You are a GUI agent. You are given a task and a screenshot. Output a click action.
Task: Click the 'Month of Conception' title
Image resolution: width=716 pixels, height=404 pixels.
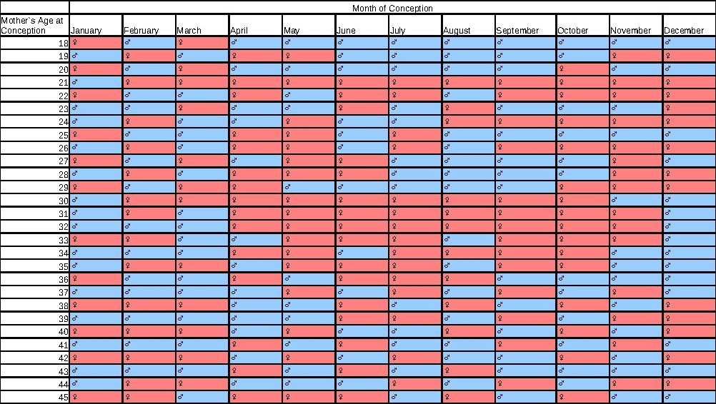pyautogui.click(x=392, y=8)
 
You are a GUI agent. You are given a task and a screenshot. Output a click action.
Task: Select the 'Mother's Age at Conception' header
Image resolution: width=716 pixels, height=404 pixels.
pyautogui.click(x=34, y=25)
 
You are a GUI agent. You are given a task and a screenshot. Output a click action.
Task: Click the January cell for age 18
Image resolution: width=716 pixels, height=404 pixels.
pyautogui.click(x=96, y=44)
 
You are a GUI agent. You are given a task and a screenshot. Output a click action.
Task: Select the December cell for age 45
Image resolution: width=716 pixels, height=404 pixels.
pyautogui.click(x=689, y=397)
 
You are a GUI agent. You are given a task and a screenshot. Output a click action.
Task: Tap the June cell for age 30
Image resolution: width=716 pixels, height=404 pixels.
pyautogui.click(x=362, y=201)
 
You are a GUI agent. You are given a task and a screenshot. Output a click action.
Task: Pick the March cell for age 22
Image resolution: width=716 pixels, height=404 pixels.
pyautogui.click(x=202, y=96)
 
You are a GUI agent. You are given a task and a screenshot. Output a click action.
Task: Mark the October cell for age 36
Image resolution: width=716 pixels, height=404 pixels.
pyautogui.click(x=582, y=279)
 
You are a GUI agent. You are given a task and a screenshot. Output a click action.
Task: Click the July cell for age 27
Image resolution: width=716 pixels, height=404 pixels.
pyautogui.click(x=414, y=161)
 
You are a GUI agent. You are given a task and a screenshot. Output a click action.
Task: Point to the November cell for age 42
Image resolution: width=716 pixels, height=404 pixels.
pyautogui.click(x=635, y=358)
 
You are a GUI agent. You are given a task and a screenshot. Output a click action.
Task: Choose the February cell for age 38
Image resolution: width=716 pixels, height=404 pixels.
pyautogui.click(x=149, y=305)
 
